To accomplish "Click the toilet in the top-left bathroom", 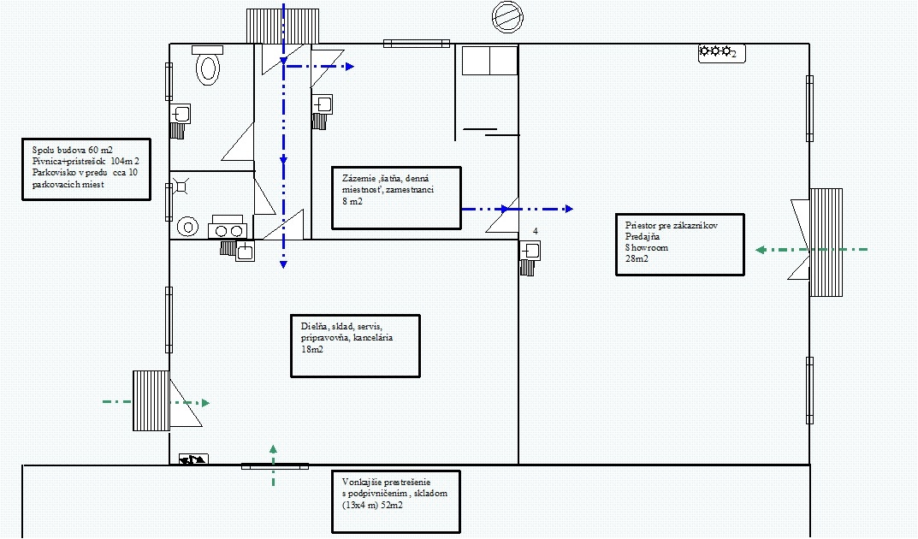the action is tap(208, 68).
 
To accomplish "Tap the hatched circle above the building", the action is tap(507, 16).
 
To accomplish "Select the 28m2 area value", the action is tap(637, 258).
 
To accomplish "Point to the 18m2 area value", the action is tap(312, 349).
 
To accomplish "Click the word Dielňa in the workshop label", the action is tap(314, 327).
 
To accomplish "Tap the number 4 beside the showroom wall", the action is tap(535, 232).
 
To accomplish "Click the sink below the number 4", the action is tap(531, 252).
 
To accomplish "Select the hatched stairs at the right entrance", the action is tap(826, 242).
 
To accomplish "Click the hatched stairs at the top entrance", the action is tap(283, 26).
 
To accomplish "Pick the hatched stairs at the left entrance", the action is tap(151, 400).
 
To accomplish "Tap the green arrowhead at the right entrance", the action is tap(761, 250).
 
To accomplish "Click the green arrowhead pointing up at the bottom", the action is tap(273, 449).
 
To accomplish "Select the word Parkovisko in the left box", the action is tap(54, 173).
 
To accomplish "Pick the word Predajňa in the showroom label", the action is tap(643, 236).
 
